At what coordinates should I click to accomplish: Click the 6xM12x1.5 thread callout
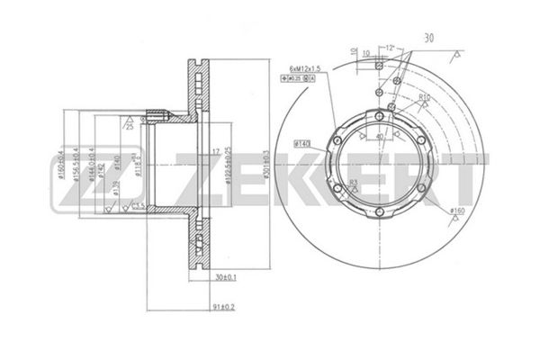click(309, 68)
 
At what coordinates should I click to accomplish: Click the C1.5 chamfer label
click(139, 206)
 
